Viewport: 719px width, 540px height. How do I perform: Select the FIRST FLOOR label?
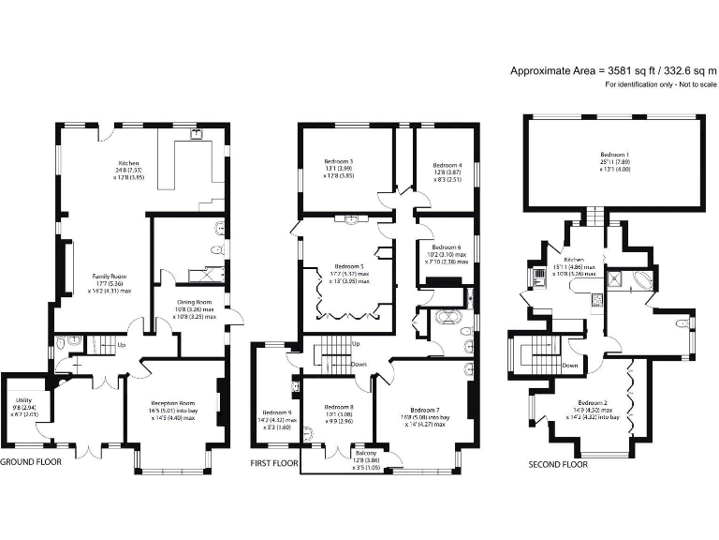pyautogui.click(x=274, y=463)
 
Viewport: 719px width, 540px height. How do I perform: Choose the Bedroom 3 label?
pyautogui.click(x=338, y=160)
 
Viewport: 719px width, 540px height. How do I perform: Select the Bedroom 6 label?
pyautogui.click(x=446, y=247)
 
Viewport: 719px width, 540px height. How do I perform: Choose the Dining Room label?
pyautogui.click(x=196, y=302)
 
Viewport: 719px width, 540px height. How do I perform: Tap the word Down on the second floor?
pyautogui.click(x=569, y=365)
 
